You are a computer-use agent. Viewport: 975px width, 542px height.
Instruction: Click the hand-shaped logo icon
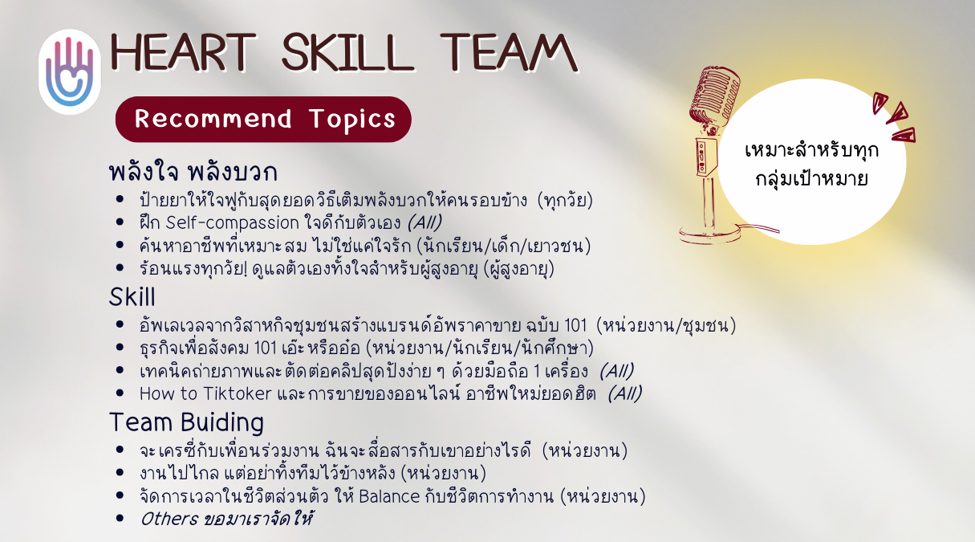click(x=70, y=72)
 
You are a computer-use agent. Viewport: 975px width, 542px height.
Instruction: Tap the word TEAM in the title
click(x=509, y=53)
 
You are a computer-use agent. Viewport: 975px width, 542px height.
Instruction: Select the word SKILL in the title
click(x=347, y=53)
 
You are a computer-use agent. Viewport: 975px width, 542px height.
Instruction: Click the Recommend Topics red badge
click(x=263, y=119)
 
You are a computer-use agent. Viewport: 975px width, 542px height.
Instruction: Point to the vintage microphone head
click(x=715, y=96)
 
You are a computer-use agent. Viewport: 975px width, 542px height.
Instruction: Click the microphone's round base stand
click(x=709, y=234)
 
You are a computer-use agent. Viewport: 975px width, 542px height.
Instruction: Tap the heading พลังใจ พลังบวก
click(x=193, y=172)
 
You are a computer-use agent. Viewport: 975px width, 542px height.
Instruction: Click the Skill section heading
click(x=132, y=297)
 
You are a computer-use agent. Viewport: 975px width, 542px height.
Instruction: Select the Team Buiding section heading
click(x=186, y=422)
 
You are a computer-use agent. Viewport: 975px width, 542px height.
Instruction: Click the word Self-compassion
click(x=233, y=223)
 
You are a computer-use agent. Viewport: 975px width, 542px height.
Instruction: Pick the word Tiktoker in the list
click(x=237, y=393)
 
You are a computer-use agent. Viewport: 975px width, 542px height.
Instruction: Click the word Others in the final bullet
click(x=169, y=519)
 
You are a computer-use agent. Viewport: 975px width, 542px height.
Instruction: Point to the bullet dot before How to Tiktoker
click(x=120, y=393)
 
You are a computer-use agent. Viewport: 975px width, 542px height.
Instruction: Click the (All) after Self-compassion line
click(x=425, y=222)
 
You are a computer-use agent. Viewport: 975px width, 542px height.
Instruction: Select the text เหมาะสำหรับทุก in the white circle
click(x=812, y=150)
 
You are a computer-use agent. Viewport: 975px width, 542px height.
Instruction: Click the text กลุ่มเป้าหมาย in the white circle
click(x=812, y=178)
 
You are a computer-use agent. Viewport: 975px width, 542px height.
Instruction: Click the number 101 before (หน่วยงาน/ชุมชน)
click(x=575, y=325)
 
